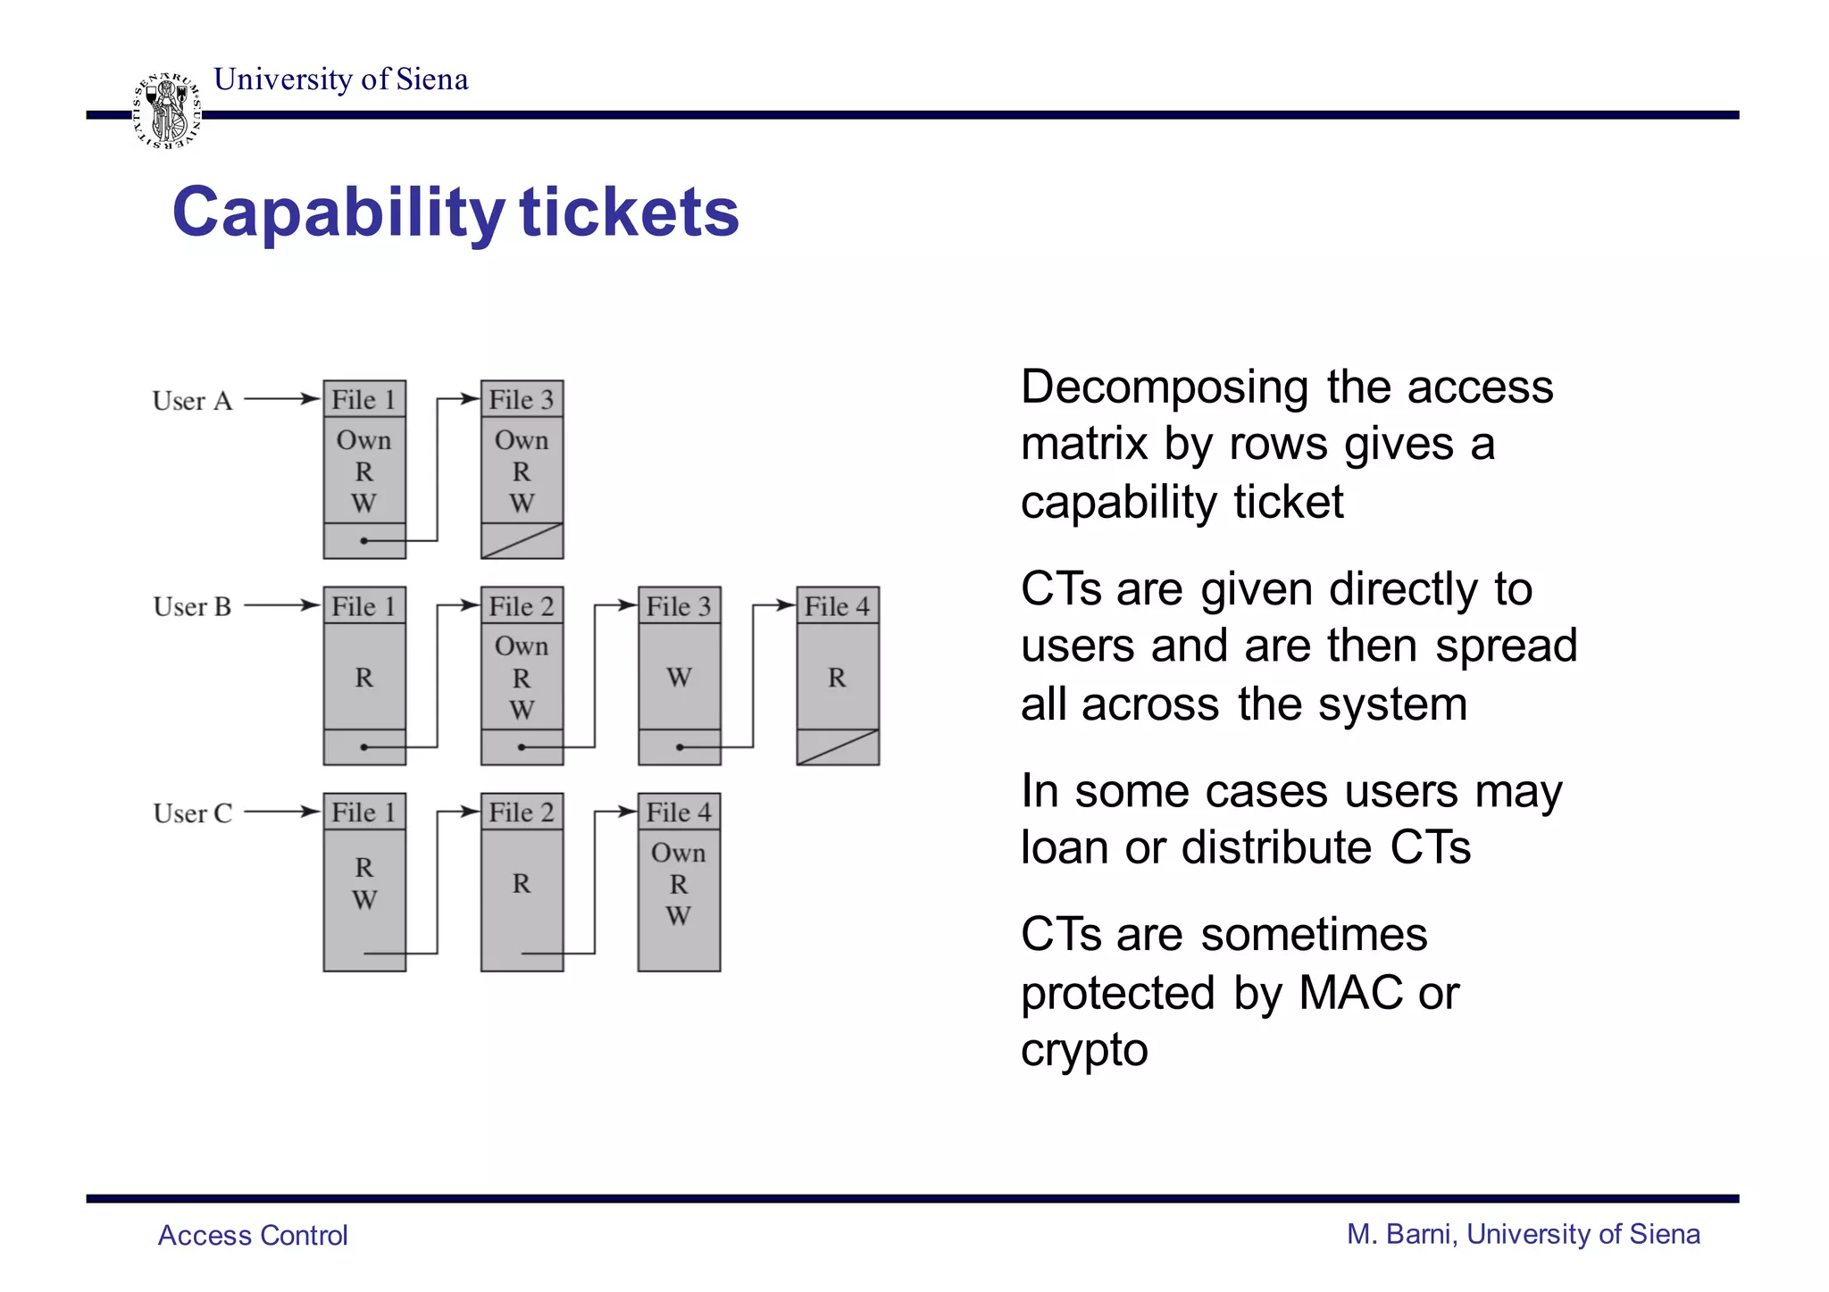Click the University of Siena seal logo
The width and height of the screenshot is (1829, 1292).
pyautogui.click(x=167, y=111)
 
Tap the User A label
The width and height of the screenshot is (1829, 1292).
pyautogui.click(x=192, y=401)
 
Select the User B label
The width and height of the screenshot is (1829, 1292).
pyautogui.click(x=192, y=607)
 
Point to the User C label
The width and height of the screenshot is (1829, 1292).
pyautogui.click(x=192, y=813)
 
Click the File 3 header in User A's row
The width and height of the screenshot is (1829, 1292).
pyautogui.click(x=522, y=399)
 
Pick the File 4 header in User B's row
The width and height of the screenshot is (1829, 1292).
pyautogui.click(x=837, y=606)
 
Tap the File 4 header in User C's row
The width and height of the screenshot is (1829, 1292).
pyautogui.click(x=679, y=813)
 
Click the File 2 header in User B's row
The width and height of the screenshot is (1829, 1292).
pyautogui.click(x=522, y=606)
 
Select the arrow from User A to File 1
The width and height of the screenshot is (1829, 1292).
pyautogui.click(x=281, y=399)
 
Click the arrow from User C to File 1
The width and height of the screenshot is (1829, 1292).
pyautogui.click(x=281, y=812)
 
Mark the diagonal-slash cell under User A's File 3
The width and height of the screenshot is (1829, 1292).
pyautogui.click(x=522, y=541)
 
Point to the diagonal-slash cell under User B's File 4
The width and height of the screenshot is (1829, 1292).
pyautogui.click(x=837, y=747)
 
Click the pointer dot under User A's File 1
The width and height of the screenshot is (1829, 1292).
pyautogui.click(x=363, y=541)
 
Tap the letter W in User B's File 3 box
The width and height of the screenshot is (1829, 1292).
pyautogui.click(x=679, y=678)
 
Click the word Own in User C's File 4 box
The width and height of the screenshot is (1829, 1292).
pyautogui.click(x=679, y=853)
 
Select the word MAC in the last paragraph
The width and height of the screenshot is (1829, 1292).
pyautogui.click(x=1349, y=993)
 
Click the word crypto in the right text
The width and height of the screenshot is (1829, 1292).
pyautogui.click(x=1084, y=1051)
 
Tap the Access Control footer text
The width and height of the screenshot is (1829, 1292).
pyautogui.click(x=253, y=1235)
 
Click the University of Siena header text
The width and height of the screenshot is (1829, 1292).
pyautogui.click(x=341, y=79)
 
